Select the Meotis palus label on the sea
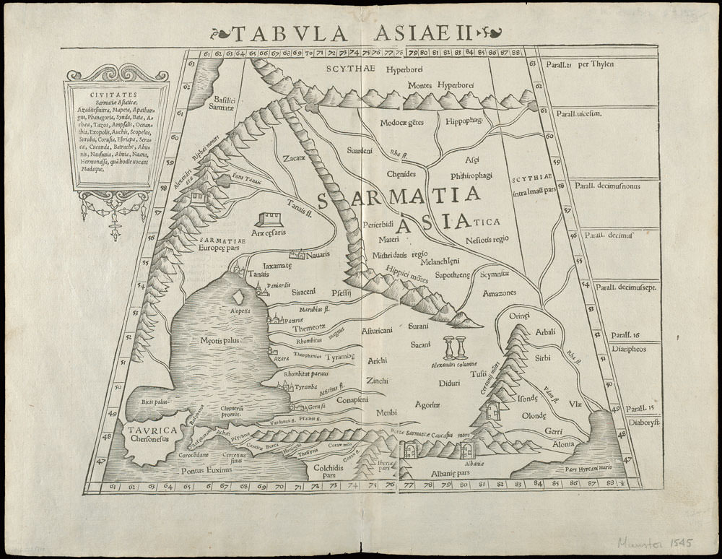215,339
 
